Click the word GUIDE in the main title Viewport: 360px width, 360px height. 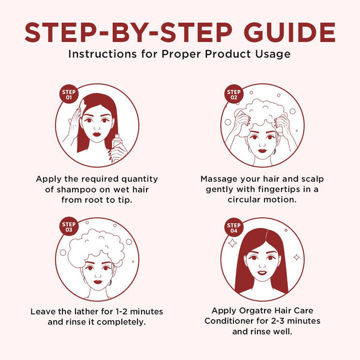[x=290, y=32]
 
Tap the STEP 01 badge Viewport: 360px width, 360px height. [x=68, y=94]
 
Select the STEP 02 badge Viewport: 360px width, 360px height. [x=234, y=94]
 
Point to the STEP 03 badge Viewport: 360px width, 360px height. [x=68, y=227]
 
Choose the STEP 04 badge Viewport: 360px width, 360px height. [x=234, y=227]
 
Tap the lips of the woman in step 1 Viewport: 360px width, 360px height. [x=97, y=134]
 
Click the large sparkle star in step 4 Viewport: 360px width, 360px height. [x=232, y=243]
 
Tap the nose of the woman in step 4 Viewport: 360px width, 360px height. [x=262, y=265]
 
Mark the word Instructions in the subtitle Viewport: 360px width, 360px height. [x=103, y=54]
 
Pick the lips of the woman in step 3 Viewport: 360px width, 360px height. [x=98, y=282]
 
